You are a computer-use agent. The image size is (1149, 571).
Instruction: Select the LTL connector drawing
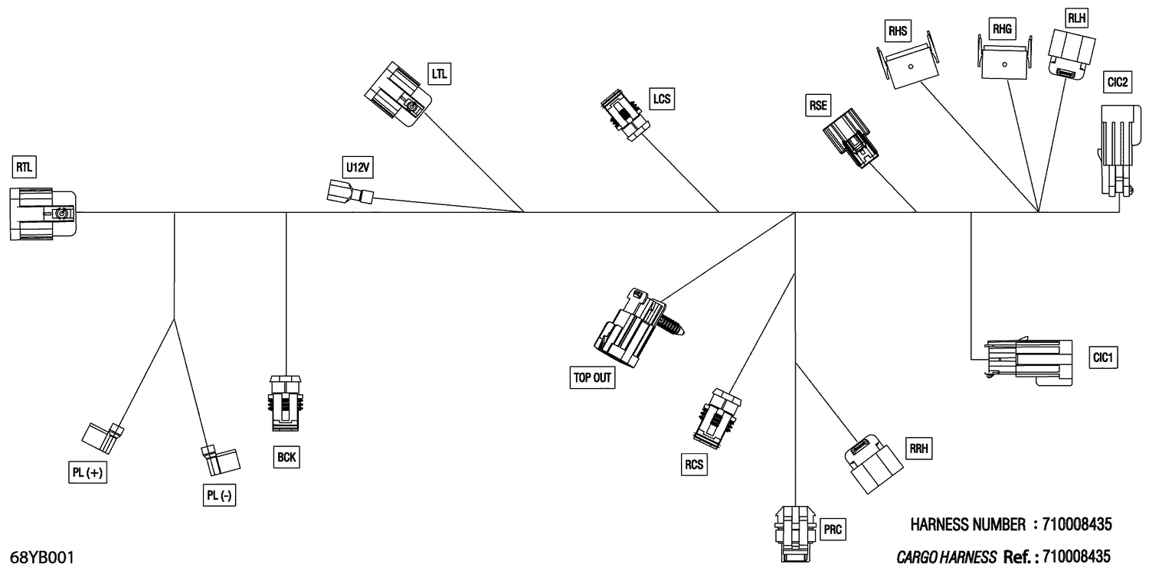pos(397,95)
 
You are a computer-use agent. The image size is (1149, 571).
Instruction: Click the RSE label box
pos(818,106)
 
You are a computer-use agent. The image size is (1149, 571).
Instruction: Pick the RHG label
pos(1002,30)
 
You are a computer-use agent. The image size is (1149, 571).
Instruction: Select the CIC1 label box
pos(1105,357)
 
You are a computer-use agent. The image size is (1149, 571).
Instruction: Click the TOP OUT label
pos(593,377)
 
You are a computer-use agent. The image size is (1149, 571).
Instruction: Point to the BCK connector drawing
pos(286,401)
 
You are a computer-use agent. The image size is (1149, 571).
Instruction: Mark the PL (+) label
pos(87,473)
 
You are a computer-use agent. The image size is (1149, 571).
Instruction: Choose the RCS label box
pos(694,464)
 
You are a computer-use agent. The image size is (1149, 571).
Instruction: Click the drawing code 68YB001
pos(43,557)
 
